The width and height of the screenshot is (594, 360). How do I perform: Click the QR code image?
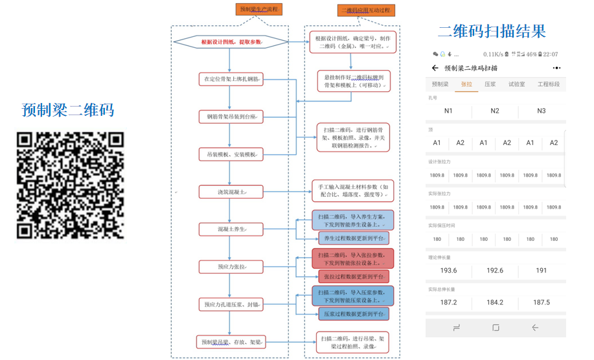(70, 185)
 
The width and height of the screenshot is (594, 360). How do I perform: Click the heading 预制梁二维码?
(68, 110)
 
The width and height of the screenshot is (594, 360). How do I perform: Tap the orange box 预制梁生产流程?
(258, 9)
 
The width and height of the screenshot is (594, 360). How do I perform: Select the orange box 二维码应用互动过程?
(366, 10)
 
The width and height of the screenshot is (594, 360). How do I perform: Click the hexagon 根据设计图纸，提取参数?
(231, 42)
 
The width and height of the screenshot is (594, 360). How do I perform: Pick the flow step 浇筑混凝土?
(231, 192)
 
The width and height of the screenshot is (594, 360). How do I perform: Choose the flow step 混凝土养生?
(231, 229)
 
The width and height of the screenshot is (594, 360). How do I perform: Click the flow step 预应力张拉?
(231, 267)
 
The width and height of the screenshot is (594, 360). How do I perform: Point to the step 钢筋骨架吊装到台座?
(231, 117)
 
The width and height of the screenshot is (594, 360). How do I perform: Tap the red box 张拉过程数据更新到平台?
(354, 276)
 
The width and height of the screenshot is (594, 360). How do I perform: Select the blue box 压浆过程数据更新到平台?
(354, 314)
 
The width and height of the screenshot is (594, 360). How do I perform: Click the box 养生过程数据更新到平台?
(354, 238)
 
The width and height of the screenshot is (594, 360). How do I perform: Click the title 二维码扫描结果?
(492, 31)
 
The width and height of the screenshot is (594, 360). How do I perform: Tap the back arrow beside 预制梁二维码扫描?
(435, 68)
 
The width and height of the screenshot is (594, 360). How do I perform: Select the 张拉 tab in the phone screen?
(466, 84)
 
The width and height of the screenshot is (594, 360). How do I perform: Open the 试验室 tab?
(516, 84)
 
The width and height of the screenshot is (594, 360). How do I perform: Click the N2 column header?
(495, 111)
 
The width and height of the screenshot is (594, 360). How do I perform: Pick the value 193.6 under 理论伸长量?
(448, 271)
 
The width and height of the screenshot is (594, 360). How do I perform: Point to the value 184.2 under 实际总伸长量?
(495, 302)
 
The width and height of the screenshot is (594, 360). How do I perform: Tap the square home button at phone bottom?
(496, 328)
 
